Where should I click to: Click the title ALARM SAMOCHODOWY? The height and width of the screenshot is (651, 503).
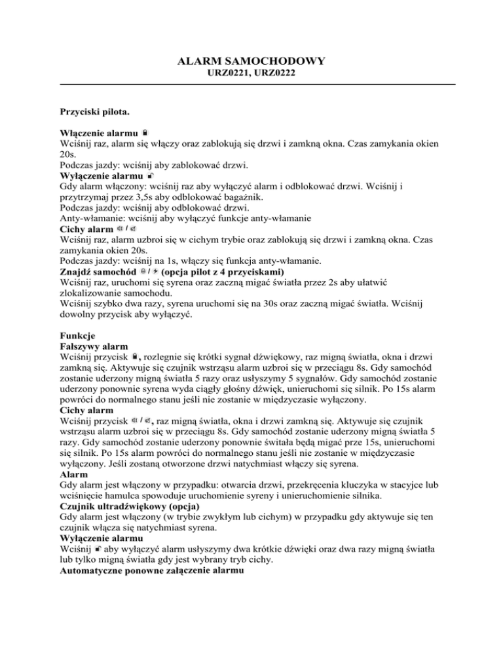click(x=251, y=62)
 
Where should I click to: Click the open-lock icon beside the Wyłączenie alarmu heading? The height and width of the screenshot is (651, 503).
click(x=150, y=176)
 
